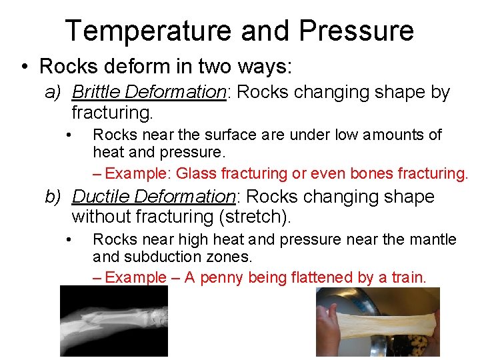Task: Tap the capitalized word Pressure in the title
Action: [357, 31]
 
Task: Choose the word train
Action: [407, 278]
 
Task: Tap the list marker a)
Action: [53, 92]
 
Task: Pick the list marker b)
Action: [53, 197]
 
